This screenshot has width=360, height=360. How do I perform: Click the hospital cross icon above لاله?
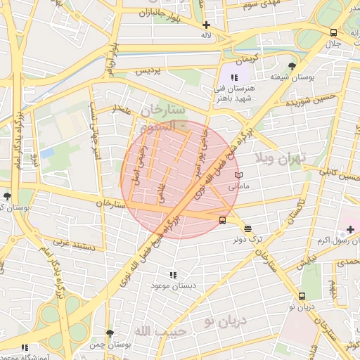(206, 25)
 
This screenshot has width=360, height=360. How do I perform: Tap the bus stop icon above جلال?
(333, 32)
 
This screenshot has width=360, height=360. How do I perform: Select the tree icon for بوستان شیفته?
(292, 66)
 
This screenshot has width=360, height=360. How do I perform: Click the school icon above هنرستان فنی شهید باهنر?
(234, 77)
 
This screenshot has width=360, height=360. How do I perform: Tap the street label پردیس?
(148, 72)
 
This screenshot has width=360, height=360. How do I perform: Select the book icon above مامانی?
(239, 175)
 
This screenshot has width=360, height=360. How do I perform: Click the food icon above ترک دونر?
(247, 228)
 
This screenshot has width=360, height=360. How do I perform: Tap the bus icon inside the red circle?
(223, 220)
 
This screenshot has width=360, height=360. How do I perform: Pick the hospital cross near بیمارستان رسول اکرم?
(350, 229)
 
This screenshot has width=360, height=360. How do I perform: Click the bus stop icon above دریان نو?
(302, 296)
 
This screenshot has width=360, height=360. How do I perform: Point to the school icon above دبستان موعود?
(173, 275)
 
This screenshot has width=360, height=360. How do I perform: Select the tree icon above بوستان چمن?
(109, 333)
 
